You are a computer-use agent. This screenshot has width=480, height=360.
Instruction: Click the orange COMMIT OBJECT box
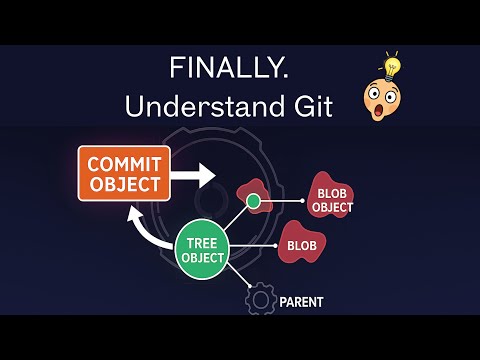coord(124,172)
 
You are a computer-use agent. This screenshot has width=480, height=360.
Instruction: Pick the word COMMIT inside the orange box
coord(124,162)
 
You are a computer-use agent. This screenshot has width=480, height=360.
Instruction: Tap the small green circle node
coord(253,203)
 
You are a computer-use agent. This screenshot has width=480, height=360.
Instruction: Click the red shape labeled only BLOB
coord(302,243)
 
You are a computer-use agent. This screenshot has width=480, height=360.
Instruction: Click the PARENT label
coord(301,301)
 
